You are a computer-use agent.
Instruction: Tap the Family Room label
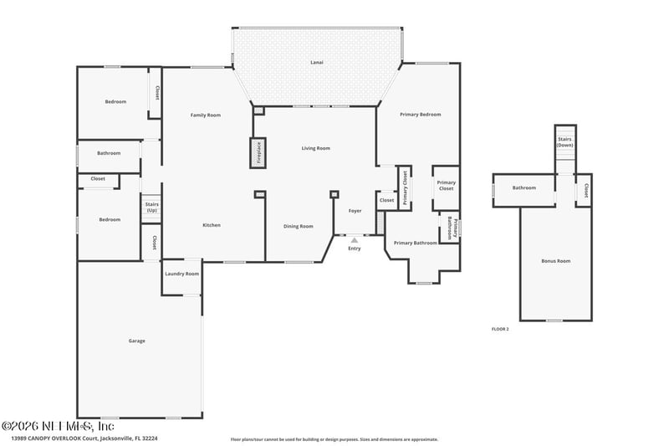pyautogui.click(x=205, y=115)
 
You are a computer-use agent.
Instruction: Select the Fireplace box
pyautogui.click(x=258, y=152)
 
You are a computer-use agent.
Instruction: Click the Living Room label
pyautogui.click(x=316, y=148)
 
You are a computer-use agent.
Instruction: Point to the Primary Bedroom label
pyautogui.click(x=420, y=115)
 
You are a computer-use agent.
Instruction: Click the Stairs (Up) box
pyautogui.click(x=151, y=208)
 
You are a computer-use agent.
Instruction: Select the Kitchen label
pyautogui.click(x=212, y=225)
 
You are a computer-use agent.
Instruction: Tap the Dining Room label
pyautogui.click(x=299, y=226)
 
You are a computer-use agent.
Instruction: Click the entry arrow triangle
pyautogui.click(x=355, y=240)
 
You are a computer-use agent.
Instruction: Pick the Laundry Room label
pyautogui.click(x=181, y=274)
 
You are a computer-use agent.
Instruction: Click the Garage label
pyautogui.click(x=137, y=341)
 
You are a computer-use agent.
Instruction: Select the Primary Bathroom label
pyautogui.click(x=415, y=243)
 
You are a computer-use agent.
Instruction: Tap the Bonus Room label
pyautogui.click(x=555, y=261)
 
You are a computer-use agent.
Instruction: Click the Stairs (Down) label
pyautogui.click(x=565, y=142)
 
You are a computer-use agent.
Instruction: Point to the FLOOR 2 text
pyautogui.click(x=500, y=330)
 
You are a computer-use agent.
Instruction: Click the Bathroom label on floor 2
pyautogui.click(x=523, y=187)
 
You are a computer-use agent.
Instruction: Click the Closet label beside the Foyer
pyautogui.click(x=386, y=201)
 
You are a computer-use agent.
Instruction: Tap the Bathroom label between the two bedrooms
pyautogui.click(x=109, y=153)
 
